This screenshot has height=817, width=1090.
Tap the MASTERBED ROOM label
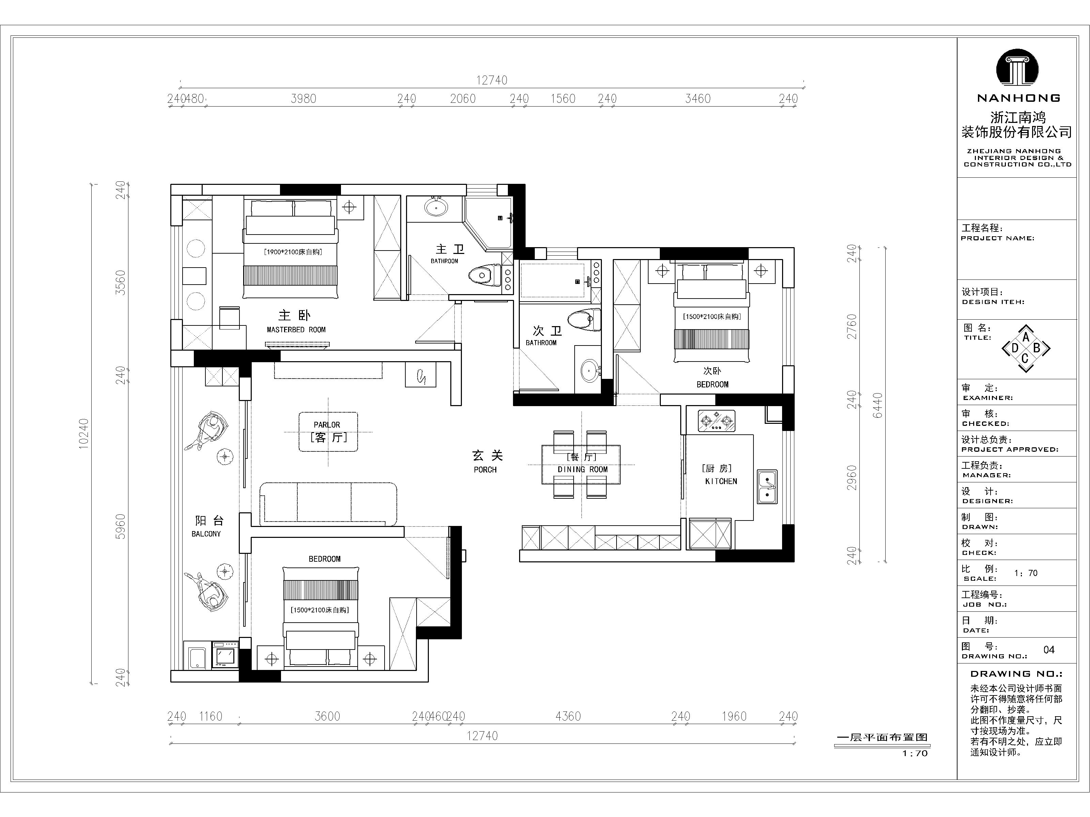click(x=296, y=330)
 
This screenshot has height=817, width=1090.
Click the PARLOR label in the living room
click(x=327, y=424)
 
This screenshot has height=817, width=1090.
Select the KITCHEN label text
click(x=721, y=481)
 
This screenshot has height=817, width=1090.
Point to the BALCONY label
click(x=206, y=534)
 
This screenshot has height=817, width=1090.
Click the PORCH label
click(x=485, y=470)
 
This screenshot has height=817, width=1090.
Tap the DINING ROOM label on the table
click(x=582, y=469)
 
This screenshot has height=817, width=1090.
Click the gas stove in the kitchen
click(x=716, y=421)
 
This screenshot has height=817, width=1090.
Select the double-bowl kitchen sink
click(x=767, y=486)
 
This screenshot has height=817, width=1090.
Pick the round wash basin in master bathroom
click(x=436, y=207)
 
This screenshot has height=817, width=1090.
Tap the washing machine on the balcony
click(x=225, y=655)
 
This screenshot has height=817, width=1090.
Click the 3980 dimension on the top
click(x=303, y=98)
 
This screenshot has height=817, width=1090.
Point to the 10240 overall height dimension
click(x=84, y=433)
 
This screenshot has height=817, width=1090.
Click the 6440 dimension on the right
click(x=877, y=405)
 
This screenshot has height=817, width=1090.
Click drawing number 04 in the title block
click(x=1049, y=650)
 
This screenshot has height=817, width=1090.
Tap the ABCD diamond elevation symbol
click(x=1026, y=349)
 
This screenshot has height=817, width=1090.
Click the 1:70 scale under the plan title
click(x=915, y=753)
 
